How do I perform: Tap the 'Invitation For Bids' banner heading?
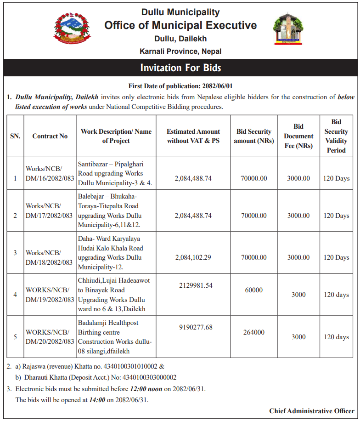(180, 68)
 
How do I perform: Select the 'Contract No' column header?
(50, 136)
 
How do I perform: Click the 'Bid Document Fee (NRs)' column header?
(298, 136)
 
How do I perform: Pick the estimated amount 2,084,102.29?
(193, 257)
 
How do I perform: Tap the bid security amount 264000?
(253, 332)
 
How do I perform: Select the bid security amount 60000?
(253, 290)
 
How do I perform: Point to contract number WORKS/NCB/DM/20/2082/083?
(50, 337)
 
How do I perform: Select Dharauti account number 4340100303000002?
(149, 377)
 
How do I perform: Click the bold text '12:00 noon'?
(146, 389)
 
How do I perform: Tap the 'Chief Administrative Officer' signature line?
(311, 411)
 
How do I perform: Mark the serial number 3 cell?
(15, 253)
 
